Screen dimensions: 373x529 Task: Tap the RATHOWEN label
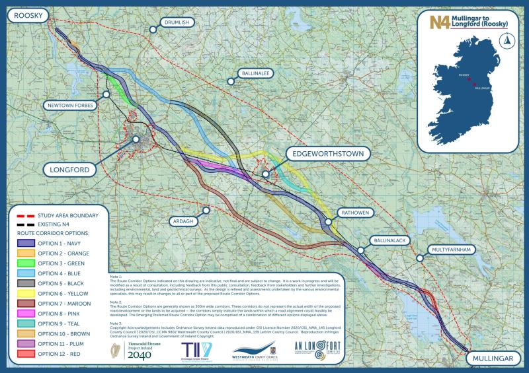pos(358,214)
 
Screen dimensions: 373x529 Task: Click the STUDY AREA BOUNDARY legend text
pos(69,215)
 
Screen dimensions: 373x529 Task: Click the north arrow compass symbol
pos(508,40)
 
